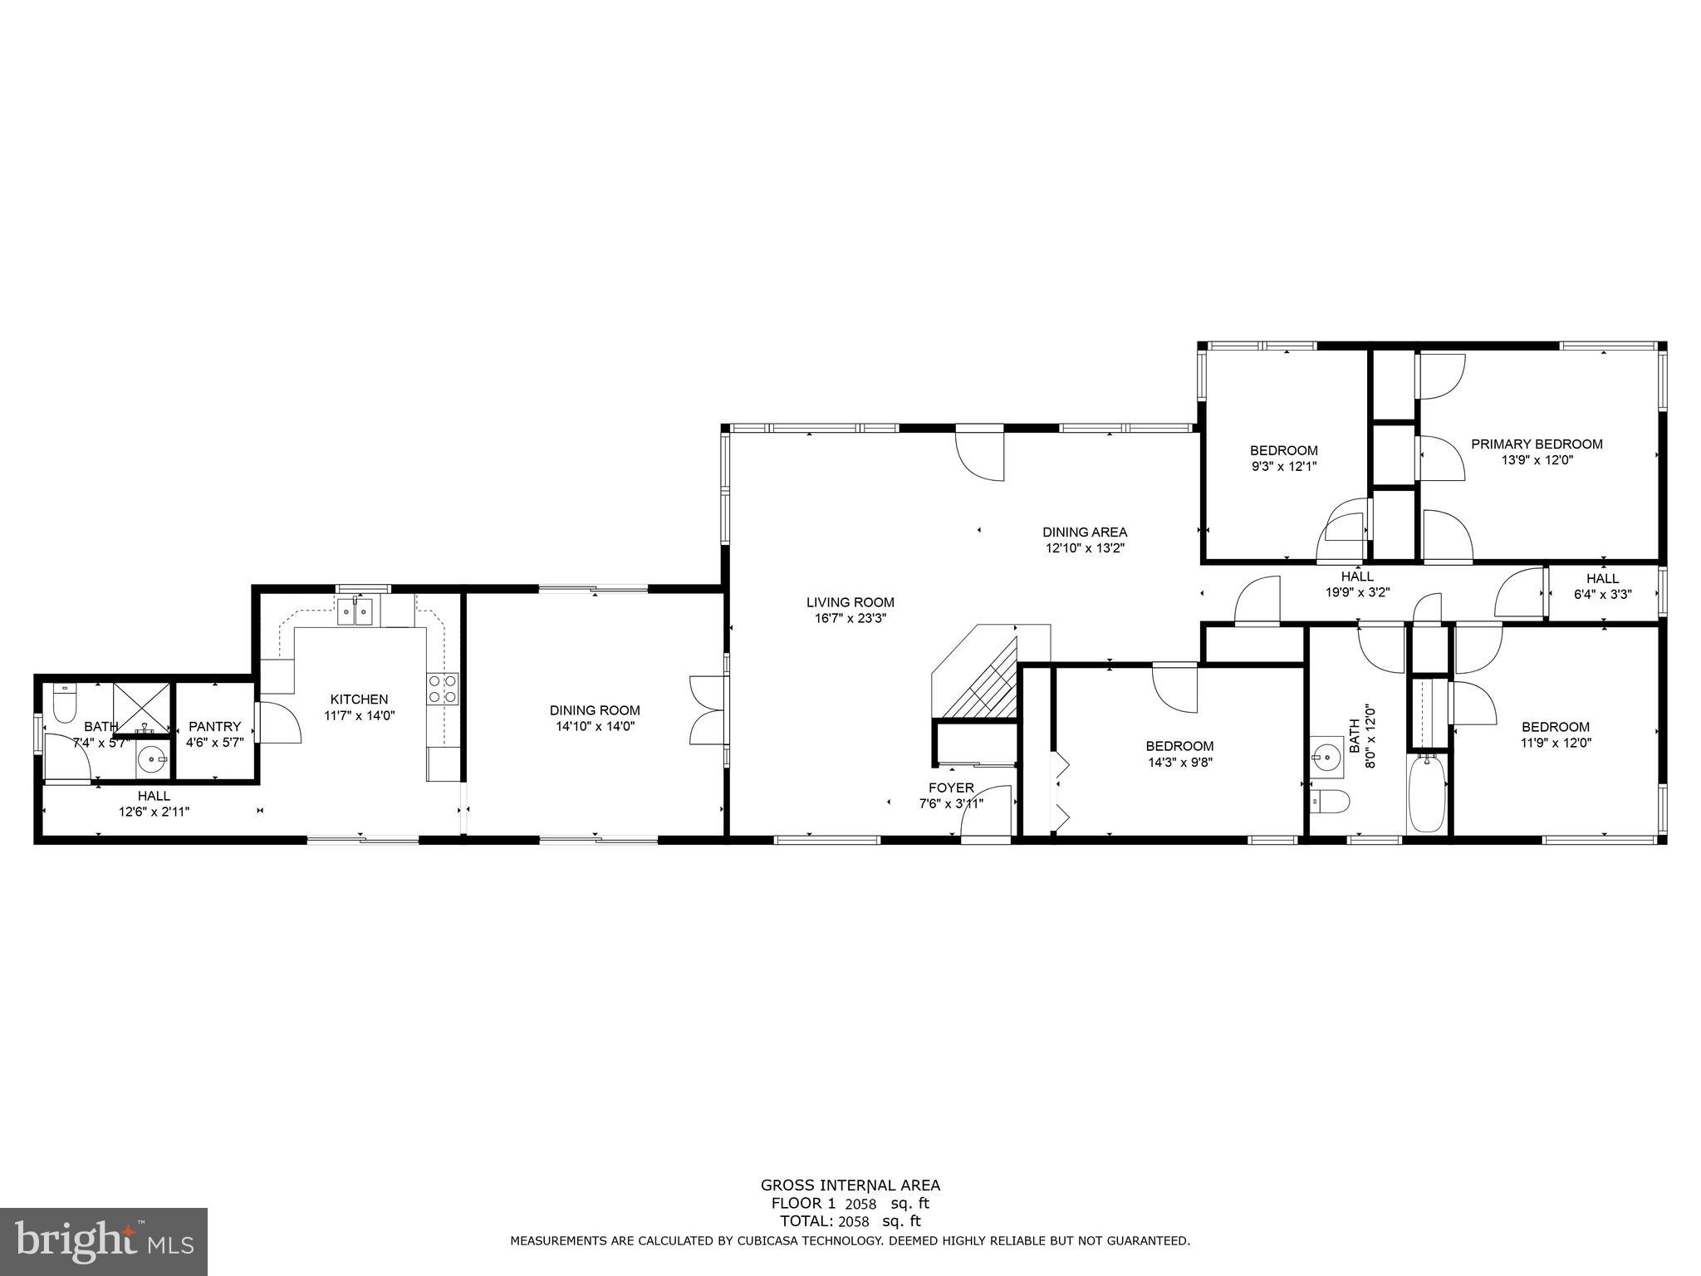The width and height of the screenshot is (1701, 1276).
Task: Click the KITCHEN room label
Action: point(359,699)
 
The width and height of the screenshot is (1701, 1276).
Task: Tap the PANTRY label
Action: point(214,726)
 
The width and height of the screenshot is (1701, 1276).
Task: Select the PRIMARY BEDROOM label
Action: point(1537,444)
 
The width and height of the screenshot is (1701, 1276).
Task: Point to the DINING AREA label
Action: point(1085,532)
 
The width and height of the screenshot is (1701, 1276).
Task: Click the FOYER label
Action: point(951,788)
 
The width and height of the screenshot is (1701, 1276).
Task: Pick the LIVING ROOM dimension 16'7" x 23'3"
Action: point(850,618)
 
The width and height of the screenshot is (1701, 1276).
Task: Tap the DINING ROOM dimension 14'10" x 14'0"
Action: point(595,726)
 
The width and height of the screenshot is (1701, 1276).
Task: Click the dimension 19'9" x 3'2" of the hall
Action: point(1357,592)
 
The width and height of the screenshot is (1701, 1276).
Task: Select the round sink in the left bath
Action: point(152,758)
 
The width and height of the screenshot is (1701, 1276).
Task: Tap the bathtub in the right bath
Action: point(1427,793)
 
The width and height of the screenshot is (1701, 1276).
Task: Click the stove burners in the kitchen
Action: point(442,690)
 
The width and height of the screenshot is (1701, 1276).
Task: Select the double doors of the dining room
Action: point(707,710)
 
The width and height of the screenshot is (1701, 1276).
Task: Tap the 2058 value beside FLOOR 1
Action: point(860,1204)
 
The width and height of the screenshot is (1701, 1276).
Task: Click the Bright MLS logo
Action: point(104,1242)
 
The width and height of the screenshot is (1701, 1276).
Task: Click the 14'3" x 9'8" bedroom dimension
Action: point(1179,762)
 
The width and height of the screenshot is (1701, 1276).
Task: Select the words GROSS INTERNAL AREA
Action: point(850,1185)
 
